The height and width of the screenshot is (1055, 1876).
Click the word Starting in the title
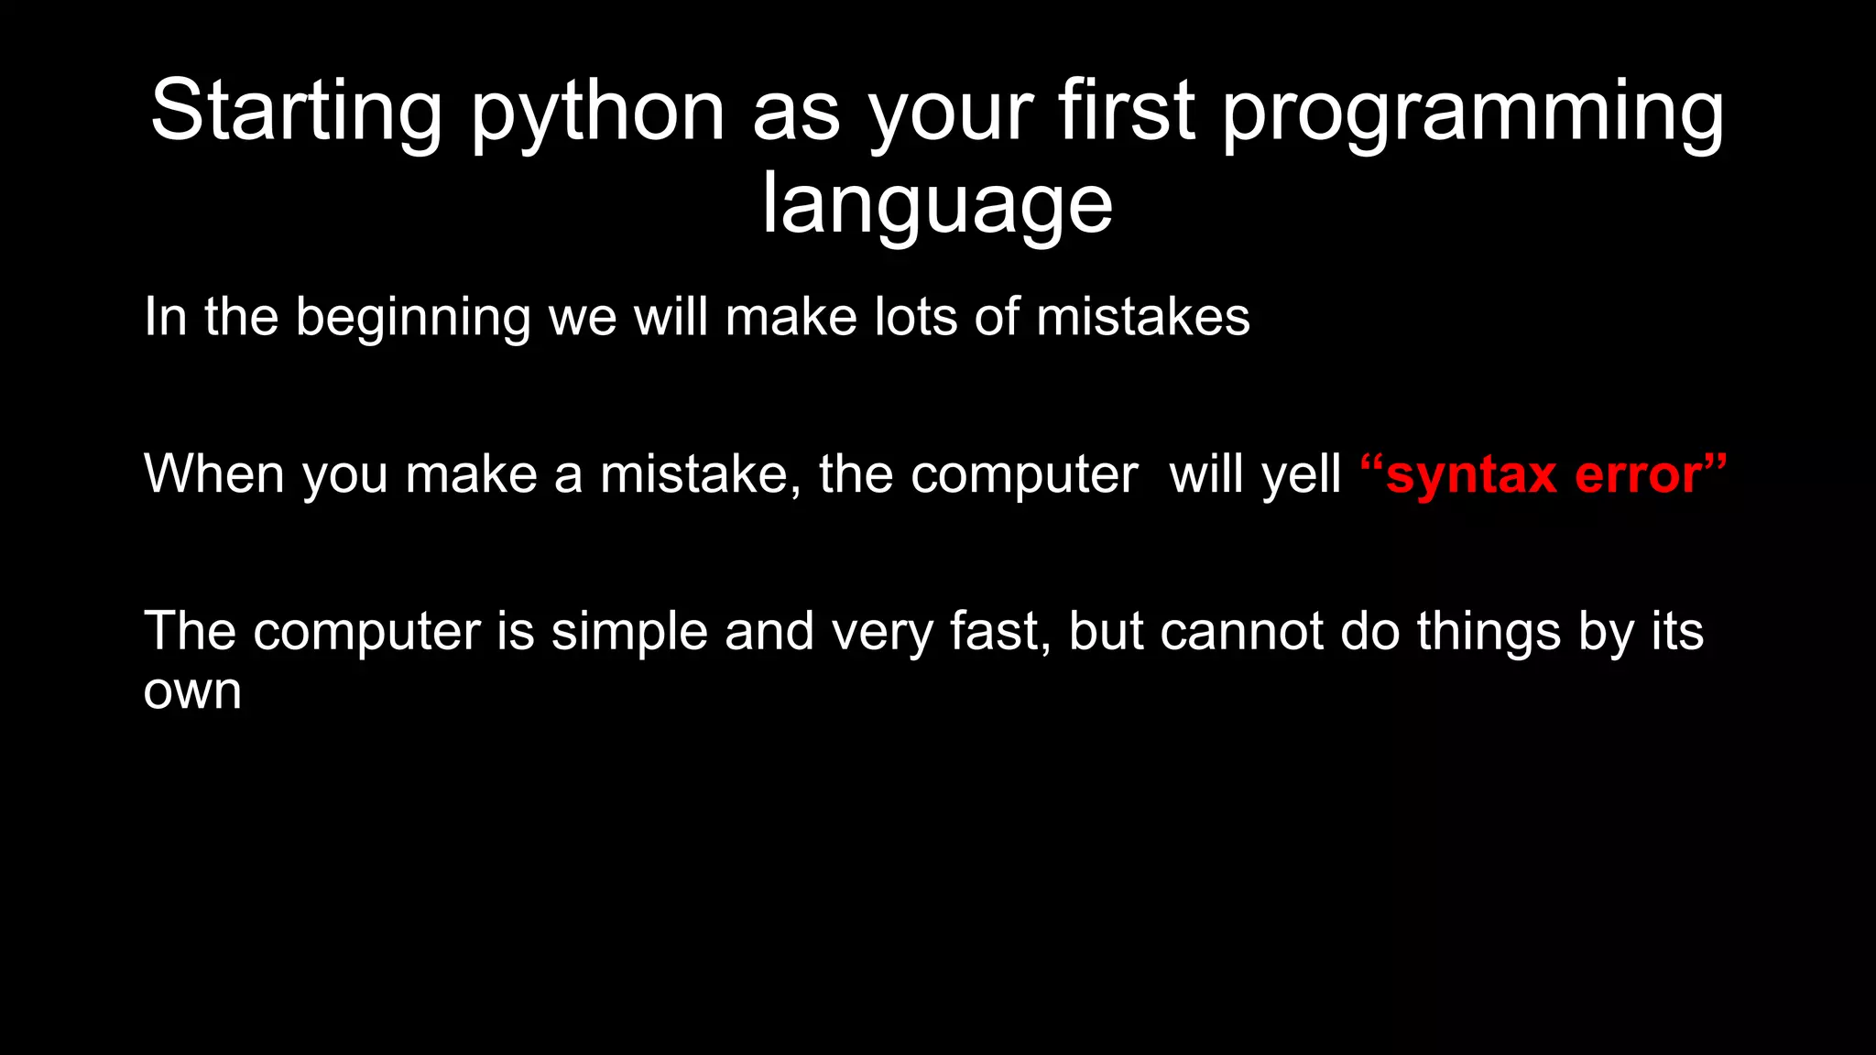point(296,112)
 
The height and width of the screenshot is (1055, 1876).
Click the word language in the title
point(937,205)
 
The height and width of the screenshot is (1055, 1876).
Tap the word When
point(214,474)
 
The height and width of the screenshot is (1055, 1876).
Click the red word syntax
point(1471,474)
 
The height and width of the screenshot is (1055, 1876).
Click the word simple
point(629,632)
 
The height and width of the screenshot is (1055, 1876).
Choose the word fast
point(999,632)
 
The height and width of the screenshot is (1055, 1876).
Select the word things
point(1489,632)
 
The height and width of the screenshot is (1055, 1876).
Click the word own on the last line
point(192,691)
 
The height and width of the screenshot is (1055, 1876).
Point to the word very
point(882,632)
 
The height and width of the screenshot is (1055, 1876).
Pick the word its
point(1677,632)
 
